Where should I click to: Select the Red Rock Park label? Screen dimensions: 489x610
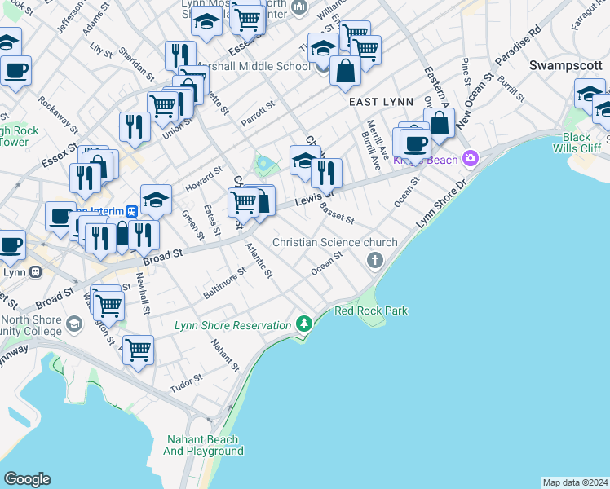tap(371, 311)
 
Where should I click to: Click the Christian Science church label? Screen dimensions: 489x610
tap(335, 242)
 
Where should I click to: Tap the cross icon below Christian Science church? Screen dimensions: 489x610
tap(375, 261)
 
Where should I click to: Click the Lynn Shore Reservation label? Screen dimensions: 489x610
tap(232, 325)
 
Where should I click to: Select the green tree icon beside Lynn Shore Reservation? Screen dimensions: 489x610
tap(305, 324)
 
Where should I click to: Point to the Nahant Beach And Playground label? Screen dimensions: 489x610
tap(203, 445)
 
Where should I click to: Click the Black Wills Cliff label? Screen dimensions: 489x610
tap(582, 143)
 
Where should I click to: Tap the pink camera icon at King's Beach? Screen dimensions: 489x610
tap(470, 158)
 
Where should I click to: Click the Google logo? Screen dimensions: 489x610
tap(27, 479)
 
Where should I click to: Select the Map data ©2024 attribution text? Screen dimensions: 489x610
tap(575, 482)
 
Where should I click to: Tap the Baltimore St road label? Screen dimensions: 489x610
tap(225, 283)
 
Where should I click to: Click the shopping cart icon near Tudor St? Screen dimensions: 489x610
tap(138, 349)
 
